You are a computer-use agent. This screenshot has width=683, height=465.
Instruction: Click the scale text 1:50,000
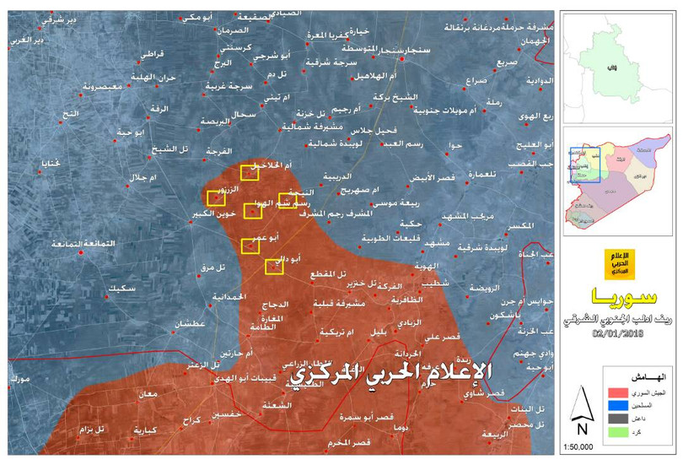578,446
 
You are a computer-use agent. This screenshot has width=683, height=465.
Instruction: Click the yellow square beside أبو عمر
250,246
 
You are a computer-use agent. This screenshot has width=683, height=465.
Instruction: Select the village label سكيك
124,289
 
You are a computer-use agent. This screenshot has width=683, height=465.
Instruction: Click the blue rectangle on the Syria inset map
586,165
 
